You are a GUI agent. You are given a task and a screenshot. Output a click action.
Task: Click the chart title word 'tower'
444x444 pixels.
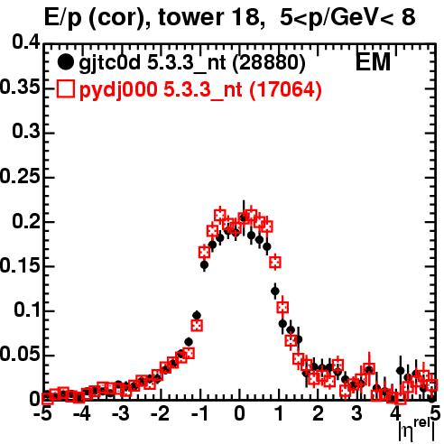pyautogui.click(x=190, y=17)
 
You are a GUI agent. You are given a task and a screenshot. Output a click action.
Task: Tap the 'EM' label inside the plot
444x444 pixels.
pyautogui.click(x=373, y=61)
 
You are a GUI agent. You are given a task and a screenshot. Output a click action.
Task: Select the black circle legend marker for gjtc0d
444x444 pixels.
pyautogui.click(x=65, y=62)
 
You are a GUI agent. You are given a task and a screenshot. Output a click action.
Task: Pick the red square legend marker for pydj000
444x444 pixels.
pyautogui.click(x=65, y=89)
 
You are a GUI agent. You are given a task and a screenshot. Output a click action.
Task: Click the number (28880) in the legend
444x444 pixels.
pyautogui.click(x=269, y=62)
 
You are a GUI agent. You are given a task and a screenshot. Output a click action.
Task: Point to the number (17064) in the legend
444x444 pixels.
pyautogui.click(x=285, y=89)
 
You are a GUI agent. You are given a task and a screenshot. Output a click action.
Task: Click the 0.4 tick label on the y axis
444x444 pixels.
pyautogui.click(x=26, y=42)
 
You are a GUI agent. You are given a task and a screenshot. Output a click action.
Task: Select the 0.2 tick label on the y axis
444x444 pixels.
pyautogui.click(x=26, y=221)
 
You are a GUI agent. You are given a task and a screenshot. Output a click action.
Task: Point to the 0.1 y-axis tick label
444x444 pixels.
pyautogui.click(x=28, y=310)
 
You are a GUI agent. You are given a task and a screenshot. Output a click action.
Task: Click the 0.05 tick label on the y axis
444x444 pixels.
pyautogui.click(x=20, y=355)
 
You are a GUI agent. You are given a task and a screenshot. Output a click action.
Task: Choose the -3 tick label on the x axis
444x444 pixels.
pyautogui.click(x=121, y=413)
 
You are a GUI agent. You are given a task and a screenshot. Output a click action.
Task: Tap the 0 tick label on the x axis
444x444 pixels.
pyautogui.click(x=239, y=413)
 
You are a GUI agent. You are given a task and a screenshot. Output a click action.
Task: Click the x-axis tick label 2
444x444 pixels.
pyautogui.click(x=318, y=413)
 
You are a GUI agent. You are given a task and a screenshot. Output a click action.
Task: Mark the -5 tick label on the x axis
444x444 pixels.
pyautogui.click(x=42, y=413)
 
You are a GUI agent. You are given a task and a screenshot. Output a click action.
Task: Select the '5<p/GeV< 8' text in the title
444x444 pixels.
pyautogui.click(x=347, y=18)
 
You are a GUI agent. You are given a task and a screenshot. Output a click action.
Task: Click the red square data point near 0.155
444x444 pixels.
pyautogui.click(x=275, y=263)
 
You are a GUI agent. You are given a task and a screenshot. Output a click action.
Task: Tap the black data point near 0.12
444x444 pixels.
pyautogui.click(x=275, y=291)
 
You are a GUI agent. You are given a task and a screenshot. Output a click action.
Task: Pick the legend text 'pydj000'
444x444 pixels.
pyautogui.click(x=118, y=90)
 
